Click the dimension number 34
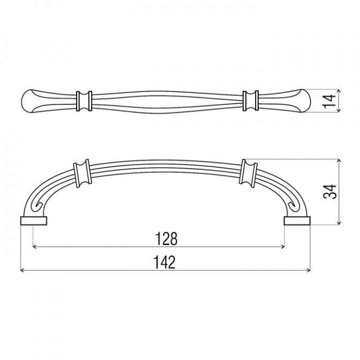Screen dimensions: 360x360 (329, 191)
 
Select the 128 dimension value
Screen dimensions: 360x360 (167, 239)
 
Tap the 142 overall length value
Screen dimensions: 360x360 (164, 262)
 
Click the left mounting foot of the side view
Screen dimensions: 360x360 (34, 220)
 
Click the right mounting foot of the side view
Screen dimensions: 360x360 (297, 220)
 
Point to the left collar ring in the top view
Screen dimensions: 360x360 (84, 101)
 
